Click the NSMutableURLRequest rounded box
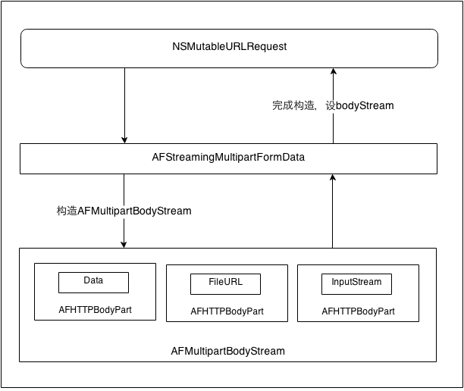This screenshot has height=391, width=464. tap(228, 48)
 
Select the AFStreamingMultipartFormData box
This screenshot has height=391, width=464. tap(228, 158)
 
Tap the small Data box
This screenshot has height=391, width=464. tap(93, 282)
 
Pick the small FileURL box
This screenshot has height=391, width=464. tap(225, 283)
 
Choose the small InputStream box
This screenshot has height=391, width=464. tap(357, 283)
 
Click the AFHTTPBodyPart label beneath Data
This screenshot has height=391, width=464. tap(95, 310)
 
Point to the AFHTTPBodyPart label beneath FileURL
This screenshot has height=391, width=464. tap(226, 311)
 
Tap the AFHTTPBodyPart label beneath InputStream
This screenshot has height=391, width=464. tap(358, 311)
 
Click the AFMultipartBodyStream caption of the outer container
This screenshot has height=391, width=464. tap(228, 351)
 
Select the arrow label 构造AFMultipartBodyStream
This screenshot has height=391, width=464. tap(124, 211)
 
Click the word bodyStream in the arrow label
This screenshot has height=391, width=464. tap(366, 106)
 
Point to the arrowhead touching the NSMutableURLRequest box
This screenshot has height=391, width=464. tap(331, 71)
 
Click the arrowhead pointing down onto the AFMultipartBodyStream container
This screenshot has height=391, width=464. tap(124, 243)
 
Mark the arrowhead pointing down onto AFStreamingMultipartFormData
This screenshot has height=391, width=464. tap(124, 139)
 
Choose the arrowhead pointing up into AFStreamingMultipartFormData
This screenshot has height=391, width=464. tap(331, 177)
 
